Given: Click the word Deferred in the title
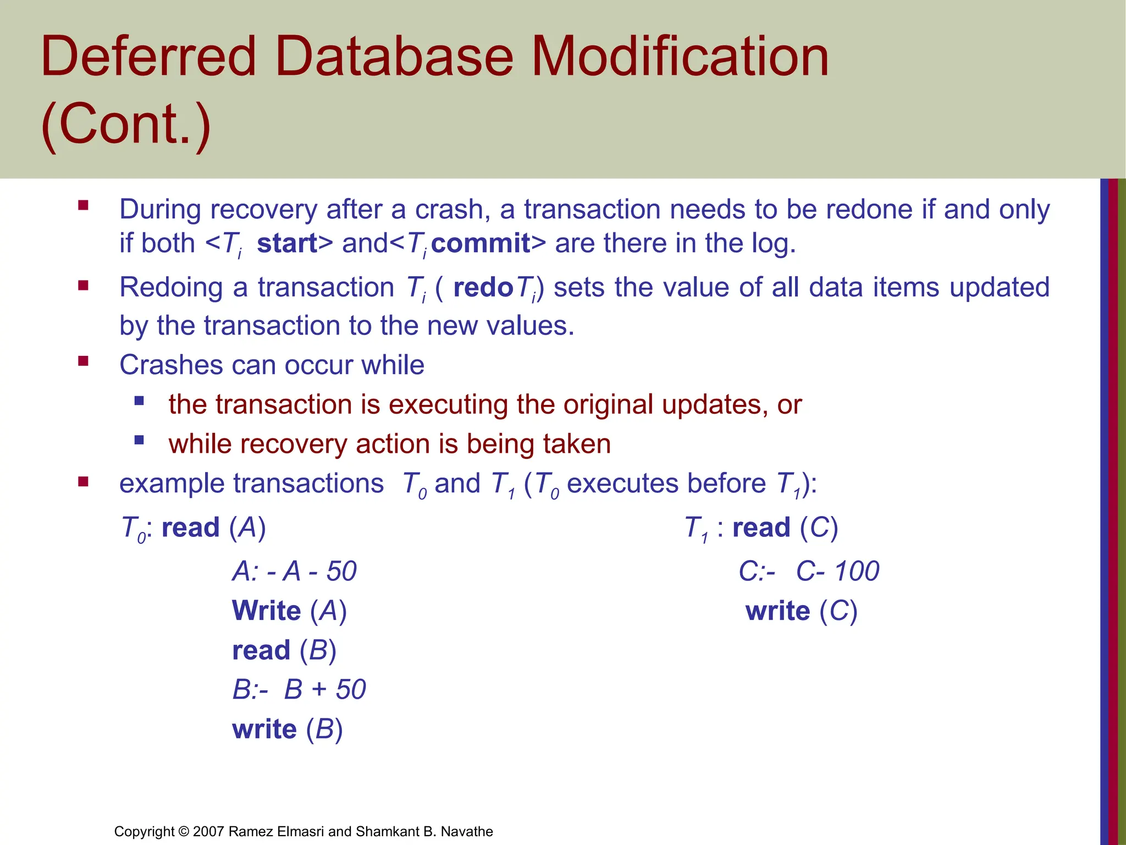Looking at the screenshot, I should coord(148,57).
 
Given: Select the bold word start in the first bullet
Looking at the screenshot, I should coord(287,243).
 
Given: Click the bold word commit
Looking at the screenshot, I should coord(481,243).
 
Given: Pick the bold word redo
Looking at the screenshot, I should coord(483,288).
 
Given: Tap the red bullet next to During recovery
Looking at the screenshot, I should coord(84,206).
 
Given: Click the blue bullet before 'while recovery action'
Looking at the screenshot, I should coord(139,440).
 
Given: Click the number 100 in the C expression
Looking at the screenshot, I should coord(856,571).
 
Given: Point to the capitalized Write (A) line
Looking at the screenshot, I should coord(289,611).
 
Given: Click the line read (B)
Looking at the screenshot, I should coord(284,650).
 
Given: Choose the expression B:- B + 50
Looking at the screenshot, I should coord(299,690).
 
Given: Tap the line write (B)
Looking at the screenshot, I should coord(287,729).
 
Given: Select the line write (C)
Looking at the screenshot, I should coord(801,611).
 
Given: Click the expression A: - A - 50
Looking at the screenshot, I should coord(294,571).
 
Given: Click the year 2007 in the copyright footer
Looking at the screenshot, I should coord(208,831).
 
